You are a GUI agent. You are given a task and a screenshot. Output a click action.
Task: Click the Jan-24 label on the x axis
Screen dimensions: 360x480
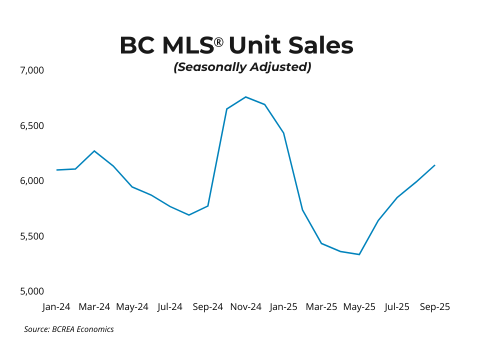click(56, 307)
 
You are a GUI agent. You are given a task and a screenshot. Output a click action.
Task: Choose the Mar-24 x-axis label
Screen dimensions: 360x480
click(94, 307)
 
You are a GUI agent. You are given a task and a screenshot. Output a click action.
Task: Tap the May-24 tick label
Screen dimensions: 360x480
click(132, 307)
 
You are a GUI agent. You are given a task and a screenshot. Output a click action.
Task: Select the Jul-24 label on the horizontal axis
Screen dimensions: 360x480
click(170, 307)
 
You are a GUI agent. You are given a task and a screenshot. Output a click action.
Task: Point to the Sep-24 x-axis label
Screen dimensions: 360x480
click(207, 307)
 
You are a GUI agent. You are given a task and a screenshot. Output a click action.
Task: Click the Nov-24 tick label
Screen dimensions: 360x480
click(245, 307)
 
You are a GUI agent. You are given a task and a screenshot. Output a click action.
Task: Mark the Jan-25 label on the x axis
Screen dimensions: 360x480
click(283, 307)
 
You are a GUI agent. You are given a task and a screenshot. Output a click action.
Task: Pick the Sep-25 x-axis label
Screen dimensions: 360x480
click(434, 307)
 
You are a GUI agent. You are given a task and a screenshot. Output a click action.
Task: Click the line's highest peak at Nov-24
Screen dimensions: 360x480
click(245, 97)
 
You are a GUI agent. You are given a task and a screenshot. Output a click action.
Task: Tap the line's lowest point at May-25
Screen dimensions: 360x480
click(359, 254)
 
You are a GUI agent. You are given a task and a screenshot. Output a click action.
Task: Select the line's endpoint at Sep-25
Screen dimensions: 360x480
click(434, 165)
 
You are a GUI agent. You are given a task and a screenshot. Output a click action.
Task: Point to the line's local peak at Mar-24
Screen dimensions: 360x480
click(94, 150)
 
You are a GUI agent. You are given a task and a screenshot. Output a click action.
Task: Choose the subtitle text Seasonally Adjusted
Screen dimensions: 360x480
click(242, 67)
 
